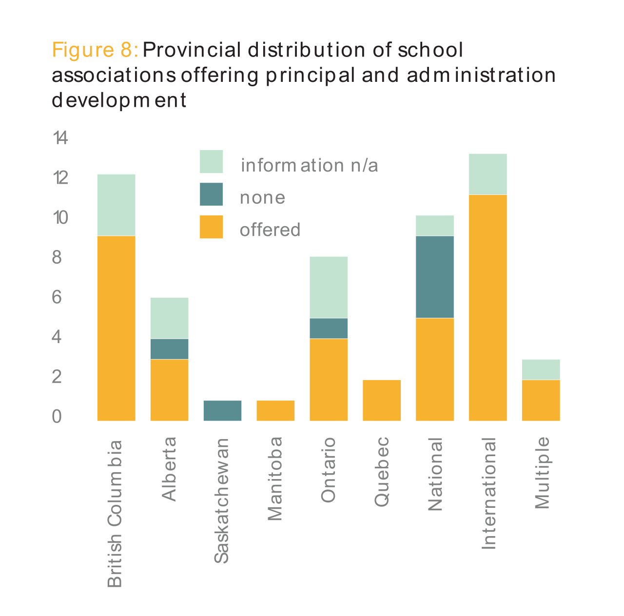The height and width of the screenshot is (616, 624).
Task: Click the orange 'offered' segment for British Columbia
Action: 117,328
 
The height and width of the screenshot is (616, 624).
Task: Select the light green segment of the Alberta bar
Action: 169,318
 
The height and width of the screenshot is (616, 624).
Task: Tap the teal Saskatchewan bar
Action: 222,410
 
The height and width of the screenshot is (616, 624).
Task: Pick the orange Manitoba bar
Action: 275,410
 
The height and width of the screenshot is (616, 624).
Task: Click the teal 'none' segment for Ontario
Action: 329,328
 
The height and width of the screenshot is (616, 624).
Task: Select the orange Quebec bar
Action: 382,400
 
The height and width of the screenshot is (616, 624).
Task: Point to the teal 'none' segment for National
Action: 435,277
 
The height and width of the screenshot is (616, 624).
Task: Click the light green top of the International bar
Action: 488,174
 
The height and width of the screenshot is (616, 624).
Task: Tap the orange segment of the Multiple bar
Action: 541,400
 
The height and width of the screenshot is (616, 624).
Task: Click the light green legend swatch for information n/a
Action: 211,161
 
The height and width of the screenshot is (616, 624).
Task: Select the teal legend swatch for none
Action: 211,194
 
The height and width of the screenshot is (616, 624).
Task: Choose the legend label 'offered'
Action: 270,230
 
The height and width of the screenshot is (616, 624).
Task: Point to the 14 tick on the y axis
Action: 60,138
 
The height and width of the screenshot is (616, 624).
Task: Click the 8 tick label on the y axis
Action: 57,257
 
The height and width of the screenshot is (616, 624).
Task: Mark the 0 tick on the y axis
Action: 57,417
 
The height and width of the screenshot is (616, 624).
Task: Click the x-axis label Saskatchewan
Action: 222,501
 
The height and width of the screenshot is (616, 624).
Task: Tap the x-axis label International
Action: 488,494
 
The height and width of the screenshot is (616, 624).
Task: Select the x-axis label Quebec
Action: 382,472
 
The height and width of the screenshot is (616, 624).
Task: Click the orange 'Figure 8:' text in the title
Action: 96,50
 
